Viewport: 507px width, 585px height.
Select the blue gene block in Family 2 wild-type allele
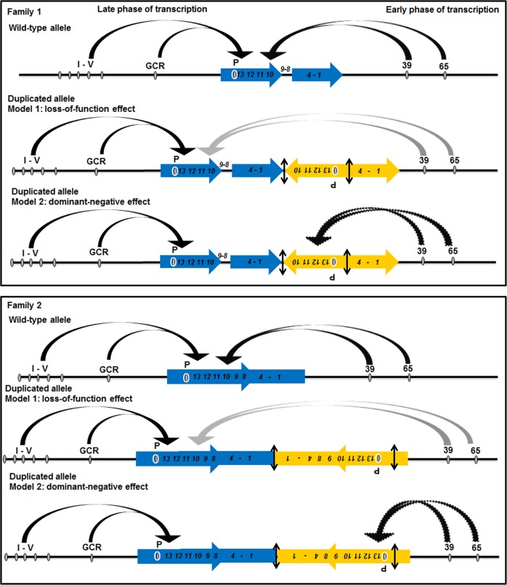(235, 376)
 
